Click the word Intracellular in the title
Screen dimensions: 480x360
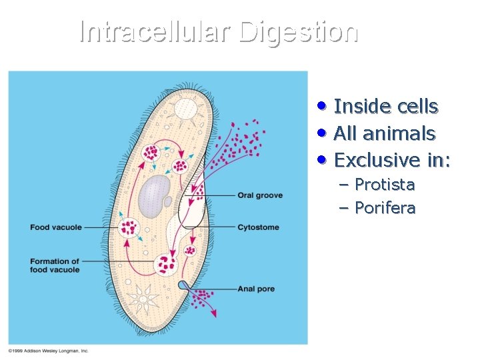tap(155, 31)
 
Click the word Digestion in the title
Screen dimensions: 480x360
tap(298, 31)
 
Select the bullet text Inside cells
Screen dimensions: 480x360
tap(385, 107)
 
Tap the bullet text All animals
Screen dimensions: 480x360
tap(384, 133)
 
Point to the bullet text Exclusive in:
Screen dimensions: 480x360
tap(392, 160)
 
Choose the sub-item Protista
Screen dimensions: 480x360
tap(384, 184)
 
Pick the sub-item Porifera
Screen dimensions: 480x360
tap(385, 208)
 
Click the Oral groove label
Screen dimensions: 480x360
tap(260, 195)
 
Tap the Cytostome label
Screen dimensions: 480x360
tap(258, 227)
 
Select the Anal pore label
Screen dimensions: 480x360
tap(256, 289)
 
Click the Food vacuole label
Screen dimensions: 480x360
tap(56, 227)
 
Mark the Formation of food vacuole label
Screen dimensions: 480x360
tap(55, 265)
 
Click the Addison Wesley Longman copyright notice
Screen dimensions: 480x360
tap(48, 350)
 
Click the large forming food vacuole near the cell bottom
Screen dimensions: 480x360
tap(165, 265)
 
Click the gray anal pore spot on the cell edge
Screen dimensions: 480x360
tap(182, 286)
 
